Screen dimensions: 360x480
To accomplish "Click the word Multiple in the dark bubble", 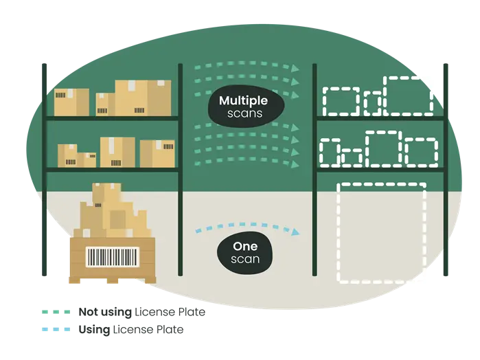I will [243, 101].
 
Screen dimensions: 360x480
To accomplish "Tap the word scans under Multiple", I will [243, 113].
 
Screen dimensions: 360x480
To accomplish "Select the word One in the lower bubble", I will [245, 247].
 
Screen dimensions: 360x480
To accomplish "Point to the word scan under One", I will [245, 259].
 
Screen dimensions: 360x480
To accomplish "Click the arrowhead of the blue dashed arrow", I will [295, 232].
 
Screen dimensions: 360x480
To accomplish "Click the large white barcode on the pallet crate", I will [111, 258].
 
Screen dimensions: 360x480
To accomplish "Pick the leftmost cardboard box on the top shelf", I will [71, 102].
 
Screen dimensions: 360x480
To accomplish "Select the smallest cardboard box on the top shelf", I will [102, 104].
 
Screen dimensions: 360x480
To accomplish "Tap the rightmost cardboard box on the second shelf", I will [157, 154].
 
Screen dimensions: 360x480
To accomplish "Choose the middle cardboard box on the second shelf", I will [117, 152].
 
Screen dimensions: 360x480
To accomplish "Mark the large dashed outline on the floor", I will [381, 232].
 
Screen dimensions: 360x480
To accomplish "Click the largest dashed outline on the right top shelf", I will [409, 95].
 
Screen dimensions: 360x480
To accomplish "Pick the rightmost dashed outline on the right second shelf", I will [421, 152].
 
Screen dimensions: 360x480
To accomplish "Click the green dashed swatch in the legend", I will [55, 313].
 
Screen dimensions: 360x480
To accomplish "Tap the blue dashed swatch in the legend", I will [55, 330].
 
